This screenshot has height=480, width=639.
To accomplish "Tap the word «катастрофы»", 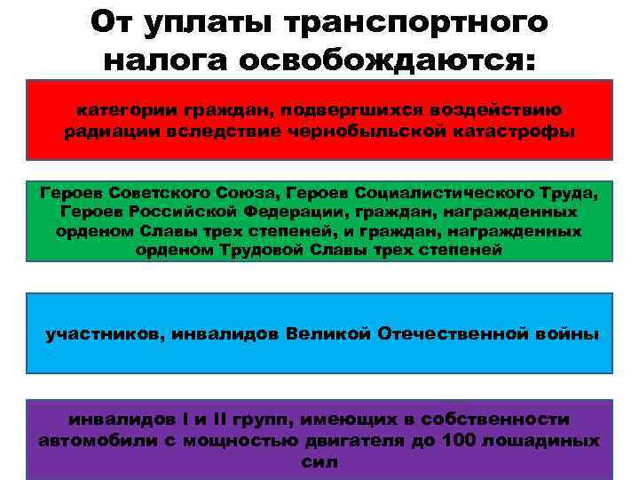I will click(503, 132).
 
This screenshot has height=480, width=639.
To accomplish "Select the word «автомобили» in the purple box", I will click(106, 440).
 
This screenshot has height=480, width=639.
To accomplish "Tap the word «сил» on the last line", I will click(319, 462).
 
